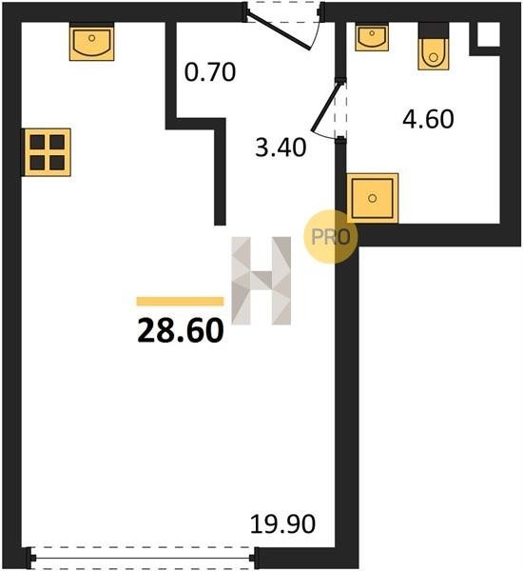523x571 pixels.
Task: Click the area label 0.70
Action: [x=210, y=72]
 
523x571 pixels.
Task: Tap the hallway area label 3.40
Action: [x=281, y=148]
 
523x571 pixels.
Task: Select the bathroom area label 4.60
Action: [x=428, y=119]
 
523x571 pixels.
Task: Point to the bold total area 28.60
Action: [x=181, y=330]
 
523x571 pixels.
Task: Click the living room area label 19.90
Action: [x=282, y=524]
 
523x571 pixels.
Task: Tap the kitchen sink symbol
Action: [x=91, y=42]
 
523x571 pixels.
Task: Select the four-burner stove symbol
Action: [x=47, y=152]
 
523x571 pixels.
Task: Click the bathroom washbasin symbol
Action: [x=372, y=37]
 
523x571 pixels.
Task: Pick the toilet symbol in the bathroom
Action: [x=433, y=47]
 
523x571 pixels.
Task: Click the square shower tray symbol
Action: [x=373, y=198]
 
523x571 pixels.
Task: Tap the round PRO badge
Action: [x=331, y=237]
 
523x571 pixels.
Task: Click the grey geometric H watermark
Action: [x=261, y=281]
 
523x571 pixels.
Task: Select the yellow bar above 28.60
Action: [x=180, y=301]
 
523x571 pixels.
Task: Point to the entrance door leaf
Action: [x=279, y=30]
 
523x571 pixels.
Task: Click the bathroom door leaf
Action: [x=327, y=107]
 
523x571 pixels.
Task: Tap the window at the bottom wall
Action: [x=143, y=558]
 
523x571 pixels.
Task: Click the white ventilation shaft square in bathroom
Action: [x=489, y=34]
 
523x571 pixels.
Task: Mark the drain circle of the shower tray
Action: [x=372, y=199]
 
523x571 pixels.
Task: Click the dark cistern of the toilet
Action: [x=433, y=30]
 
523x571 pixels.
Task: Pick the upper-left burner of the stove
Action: [x=37, y=142]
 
